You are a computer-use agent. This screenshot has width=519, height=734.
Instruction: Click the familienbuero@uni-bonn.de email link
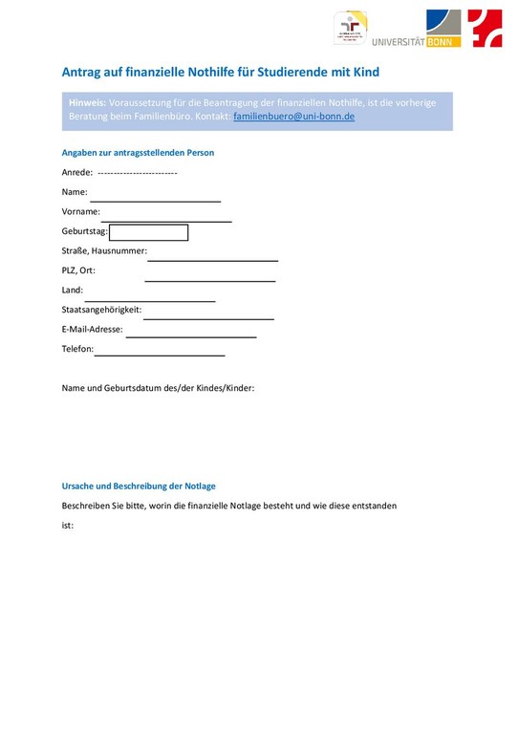293,116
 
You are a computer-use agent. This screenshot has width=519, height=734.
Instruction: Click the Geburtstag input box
149,232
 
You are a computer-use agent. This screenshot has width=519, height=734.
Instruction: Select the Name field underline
155,200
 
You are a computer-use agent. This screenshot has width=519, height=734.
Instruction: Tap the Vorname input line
166,220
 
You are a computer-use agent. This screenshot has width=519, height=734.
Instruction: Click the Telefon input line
160,355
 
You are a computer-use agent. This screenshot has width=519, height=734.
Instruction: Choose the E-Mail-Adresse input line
191,335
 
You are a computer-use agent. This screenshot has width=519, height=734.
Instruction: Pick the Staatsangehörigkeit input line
208,317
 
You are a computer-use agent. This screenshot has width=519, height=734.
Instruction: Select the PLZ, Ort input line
210,280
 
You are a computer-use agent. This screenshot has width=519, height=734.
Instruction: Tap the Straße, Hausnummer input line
212,259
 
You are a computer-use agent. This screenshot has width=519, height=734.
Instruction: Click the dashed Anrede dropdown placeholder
138,173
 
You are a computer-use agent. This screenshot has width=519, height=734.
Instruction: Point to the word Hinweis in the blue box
87,101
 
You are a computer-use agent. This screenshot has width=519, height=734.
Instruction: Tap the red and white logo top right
485,29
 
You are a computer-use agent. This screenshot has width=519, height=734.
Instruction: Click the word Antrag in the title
83,72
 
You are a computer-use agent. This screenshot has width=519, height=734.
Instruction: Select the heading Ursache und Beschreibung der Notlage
139,486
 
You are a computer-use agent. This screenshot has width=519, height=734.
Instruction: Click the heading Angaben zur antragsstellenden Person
138,153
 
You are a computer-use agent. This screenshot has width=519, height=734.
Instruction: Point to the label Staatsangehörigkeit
101,310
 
